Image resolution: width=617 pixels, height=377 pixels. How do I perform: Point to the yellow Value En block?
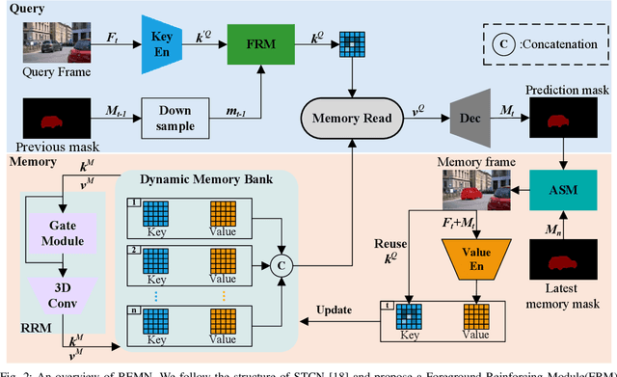[473, 255]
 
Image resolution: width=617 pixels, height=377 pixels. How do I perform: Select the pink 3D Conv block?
[61, 293]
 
